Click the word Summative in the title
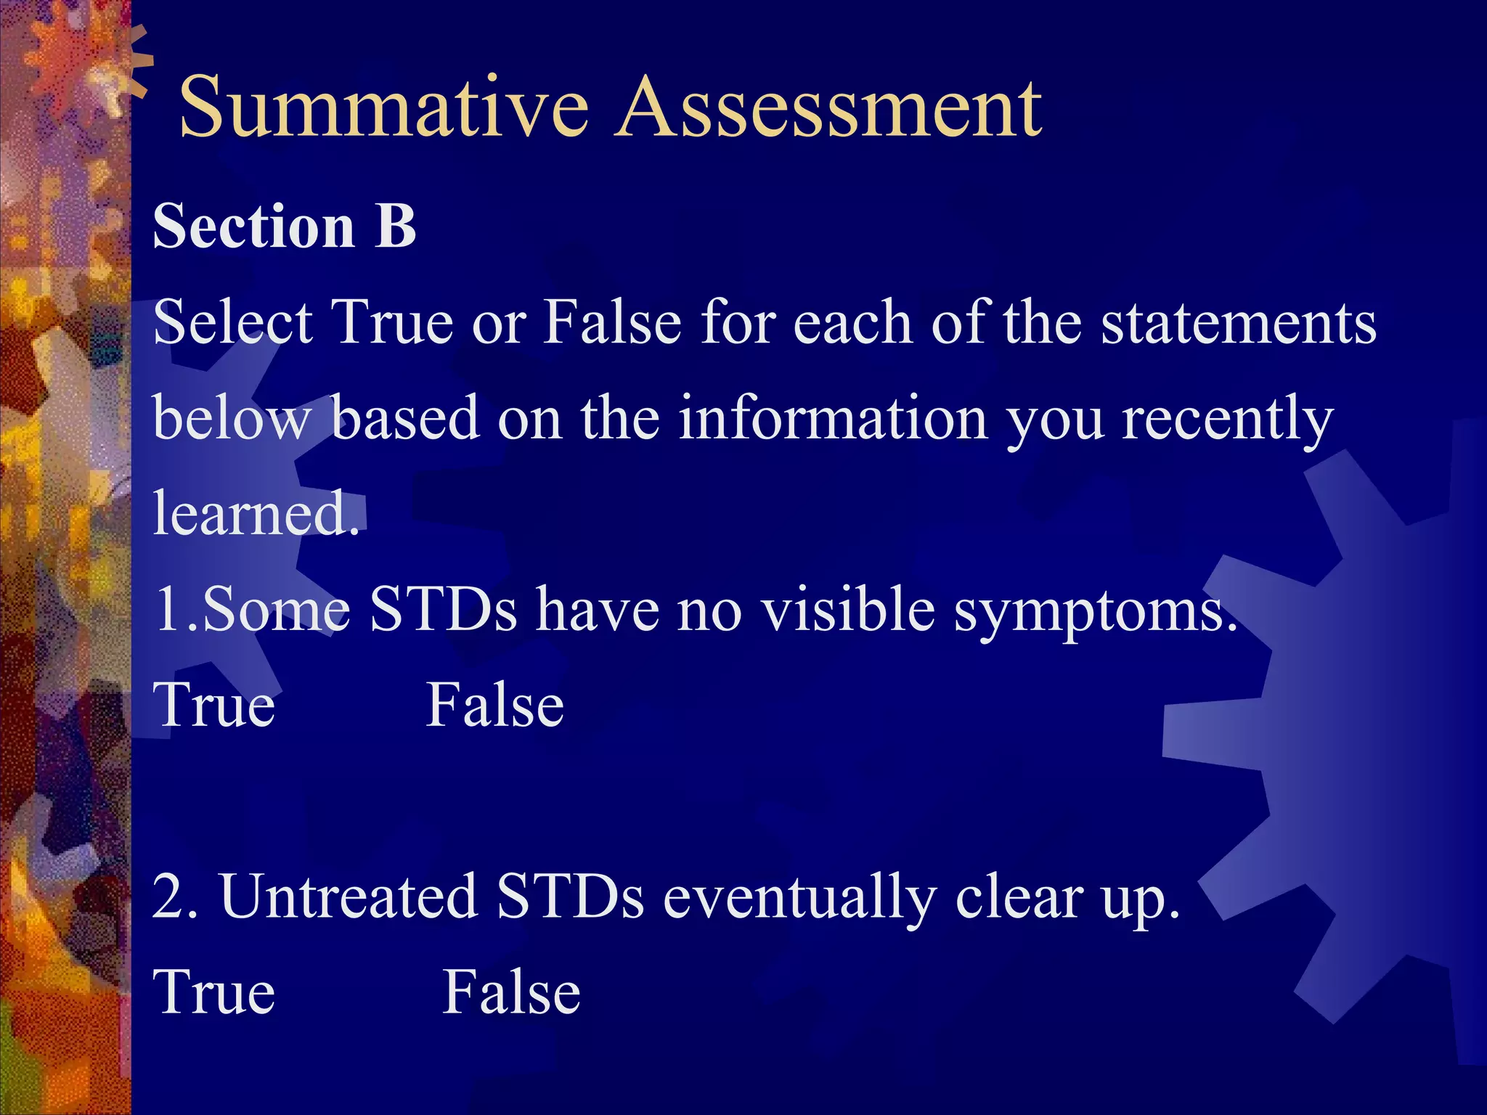pyautogui.click(x=383, y=109)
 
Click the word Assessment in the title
pyautogui.click(x=828, y=109)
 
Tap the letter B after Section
pyautogui.click(x=395, y=226)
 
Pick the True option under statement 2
pyautogui.click(x=214, y=992)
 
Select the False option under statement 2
pyautogui.click(x=511, y=992)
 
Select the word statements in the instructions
pyautogui.click(x=1238, y=323)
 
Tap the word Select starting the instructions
pyautogui.click(x=232, y=322)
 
